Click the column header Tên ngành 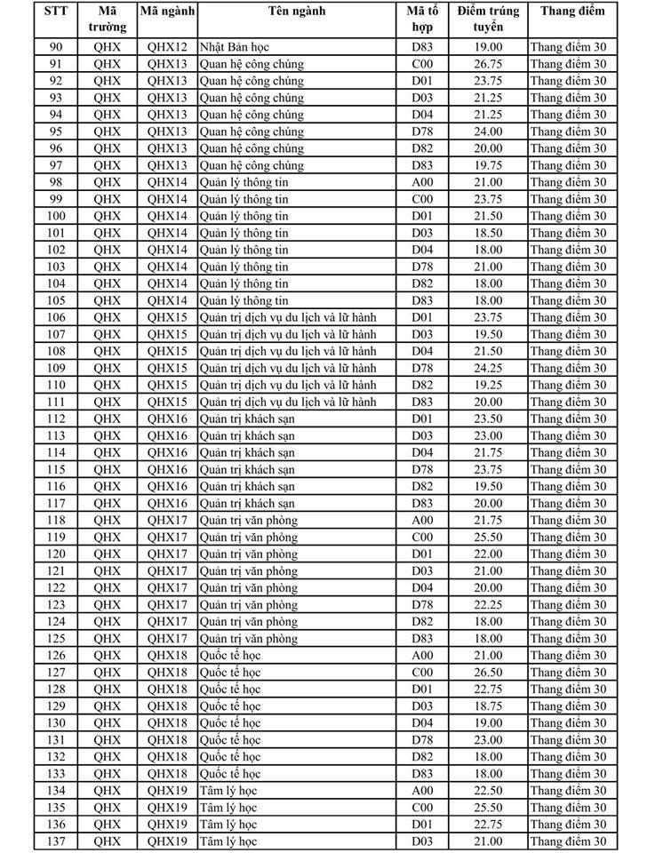(296, 12)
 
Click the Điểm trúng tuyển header (488, 19)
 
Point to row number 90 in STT (56, 47)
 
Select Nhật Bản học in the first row (235, 47)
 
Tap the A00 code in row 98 (422, 182)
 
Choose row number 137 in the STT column (56, 841)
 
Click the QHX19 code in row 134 (168, 791)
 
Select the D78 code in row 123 (422, 605)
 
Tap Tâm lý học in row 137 (228, 841)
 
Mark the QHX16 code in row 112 (168, 419)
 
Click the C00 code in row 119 (422, 538)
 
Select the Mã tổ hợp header (422, 19)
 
